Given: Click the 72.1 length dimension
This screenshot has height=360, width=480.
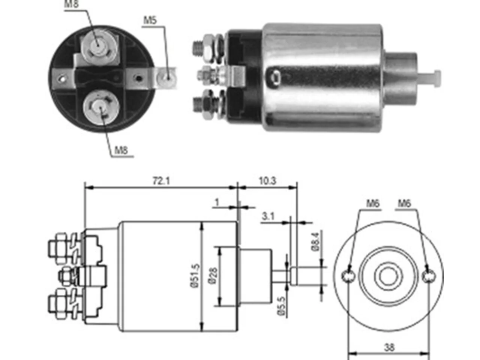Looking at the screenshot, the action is click(x=161, y=181).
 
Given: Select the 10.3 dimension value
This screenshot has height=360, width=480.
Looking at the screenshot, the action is click(x=267, y=181).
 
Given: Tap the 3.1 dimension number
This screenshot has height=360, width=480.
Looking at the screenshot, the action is click(x=268, y=216).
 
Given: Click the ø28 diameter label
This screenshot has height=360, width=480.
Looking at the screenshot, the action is click(x=213, y=276).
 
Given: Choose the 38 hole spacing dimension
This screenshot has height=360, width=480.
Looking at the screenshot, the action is click(x=389, y=347).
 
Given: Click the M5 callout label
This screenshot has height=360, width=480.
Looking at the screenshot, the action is click(x=150, y=20).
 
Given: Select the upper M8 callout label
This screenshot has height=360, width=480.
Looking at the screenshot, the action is click(x=71, y=4).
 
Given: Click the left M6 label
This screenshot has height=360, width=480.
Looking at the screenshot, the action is click(x=373, y=204).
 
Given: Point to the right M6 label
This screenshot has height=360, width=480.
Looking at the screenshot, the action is click(x=405, y=204).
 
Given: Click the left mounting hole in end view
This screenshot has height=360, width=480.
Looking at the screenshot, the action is click(x=348, y=276).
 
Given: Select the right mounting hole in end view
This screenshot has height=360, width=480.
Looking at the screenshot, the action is click(x=429, y=276).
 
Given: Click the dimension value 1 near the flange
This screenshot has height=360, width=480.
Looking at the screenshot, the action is click(x=217, y=202).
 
